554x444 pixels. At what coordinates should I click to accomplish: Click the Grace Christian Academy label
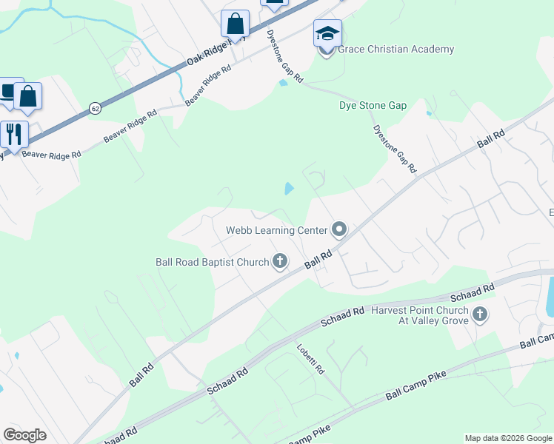pyautogui.click(x=396, y=50)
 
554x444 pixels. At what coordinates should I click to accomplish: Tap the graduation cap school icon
pyautogui.click(x=327, y=33)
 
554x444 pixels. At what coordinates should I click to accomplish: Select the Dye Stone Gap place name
pyautogui.click(x=373, y=106)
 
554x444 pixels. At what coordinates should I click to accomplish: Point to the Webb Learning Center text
pyautogui.click(x=276, y=230)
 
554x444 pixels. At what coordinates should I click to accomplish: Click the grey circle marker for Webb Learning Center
pyautogui.click(x=339, y=229)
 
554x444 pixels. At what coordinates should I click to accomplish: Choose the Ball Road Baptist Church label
pyautogui.click(x=213, y=261)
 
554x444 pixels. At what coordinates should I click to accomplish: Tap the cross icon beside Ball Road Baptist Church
pyautogui.click(x=280, y=260)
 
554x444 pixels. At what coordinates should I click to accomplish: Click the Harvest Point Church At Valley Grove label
pyautogui.click(x=420, y=315)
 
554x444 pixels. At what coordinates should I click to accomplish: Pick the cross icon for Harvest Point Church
pyautogui.click(x=479, y=314)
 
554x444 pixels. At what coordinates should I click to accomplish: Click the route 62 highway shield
pyautogui.click(x=95, y=108)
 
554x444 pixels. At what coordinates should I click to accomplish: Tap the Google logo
pyautogui.click(x=24, y=435)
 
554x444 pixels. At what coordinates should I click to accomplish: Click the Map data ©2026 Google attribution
pyautogui.click(x=508, y=438)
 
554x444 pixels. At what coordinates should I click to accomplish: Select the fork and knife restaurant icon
pyautogui.click(x=13, y=134)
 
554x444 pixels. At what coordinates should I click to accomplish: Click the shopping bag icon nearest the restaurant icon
pyautogui.click(x=28, y=96)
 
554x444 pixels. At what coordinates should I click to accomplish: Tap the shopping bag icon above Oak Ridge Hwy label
pyautogui.click(x=235, y=24)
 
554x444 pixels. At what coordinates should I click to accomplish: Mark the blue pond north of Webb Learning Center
pyautogui.click(x=288, y=189)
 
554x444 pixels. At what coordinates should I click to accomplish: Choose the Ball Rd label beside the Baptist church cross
pyautogui.click(x=317, y=259)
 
